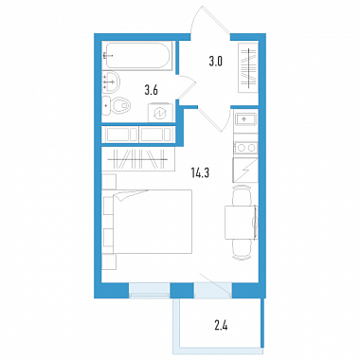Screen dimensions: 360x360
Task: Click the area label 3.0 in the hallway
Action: (216, 61)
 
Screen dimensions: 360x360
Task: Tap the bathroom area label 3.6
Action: (151, 90)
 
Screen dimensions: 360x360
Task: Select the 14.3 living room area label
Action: (200, 172)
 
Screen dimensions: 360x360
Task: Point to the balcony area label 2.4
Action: (221, 325)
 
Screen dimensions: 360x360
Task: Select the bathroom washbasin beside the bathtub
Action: (111, 81)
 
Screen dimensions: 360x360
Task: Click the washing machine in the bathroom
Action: (161, 113)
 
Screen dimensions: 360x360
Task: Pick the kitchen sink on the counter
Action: (245, 119)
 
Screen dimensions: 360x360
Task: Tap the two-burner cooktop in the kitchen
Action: (245, 148)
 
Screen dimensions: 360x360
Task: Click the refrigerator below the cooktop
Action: (245, 170)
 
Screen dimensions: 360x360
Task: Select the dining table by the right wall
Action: (242, 222)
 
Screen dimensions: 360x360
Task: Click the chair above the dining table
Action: (242, 196)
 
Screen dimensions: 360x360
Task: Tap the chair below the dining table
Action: (242, 249)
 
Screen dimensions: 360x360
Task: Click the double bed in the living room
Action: (147, 222)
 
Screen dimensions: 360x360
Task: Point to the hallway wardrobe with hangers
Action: (248, 67)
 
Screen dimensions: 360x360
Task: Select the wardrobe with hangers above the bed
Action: (138, 159)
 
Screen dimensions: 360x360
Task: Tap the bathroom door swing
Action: (189, 87)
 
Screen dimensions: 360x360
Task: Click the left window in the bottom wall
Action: (150, 290)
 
